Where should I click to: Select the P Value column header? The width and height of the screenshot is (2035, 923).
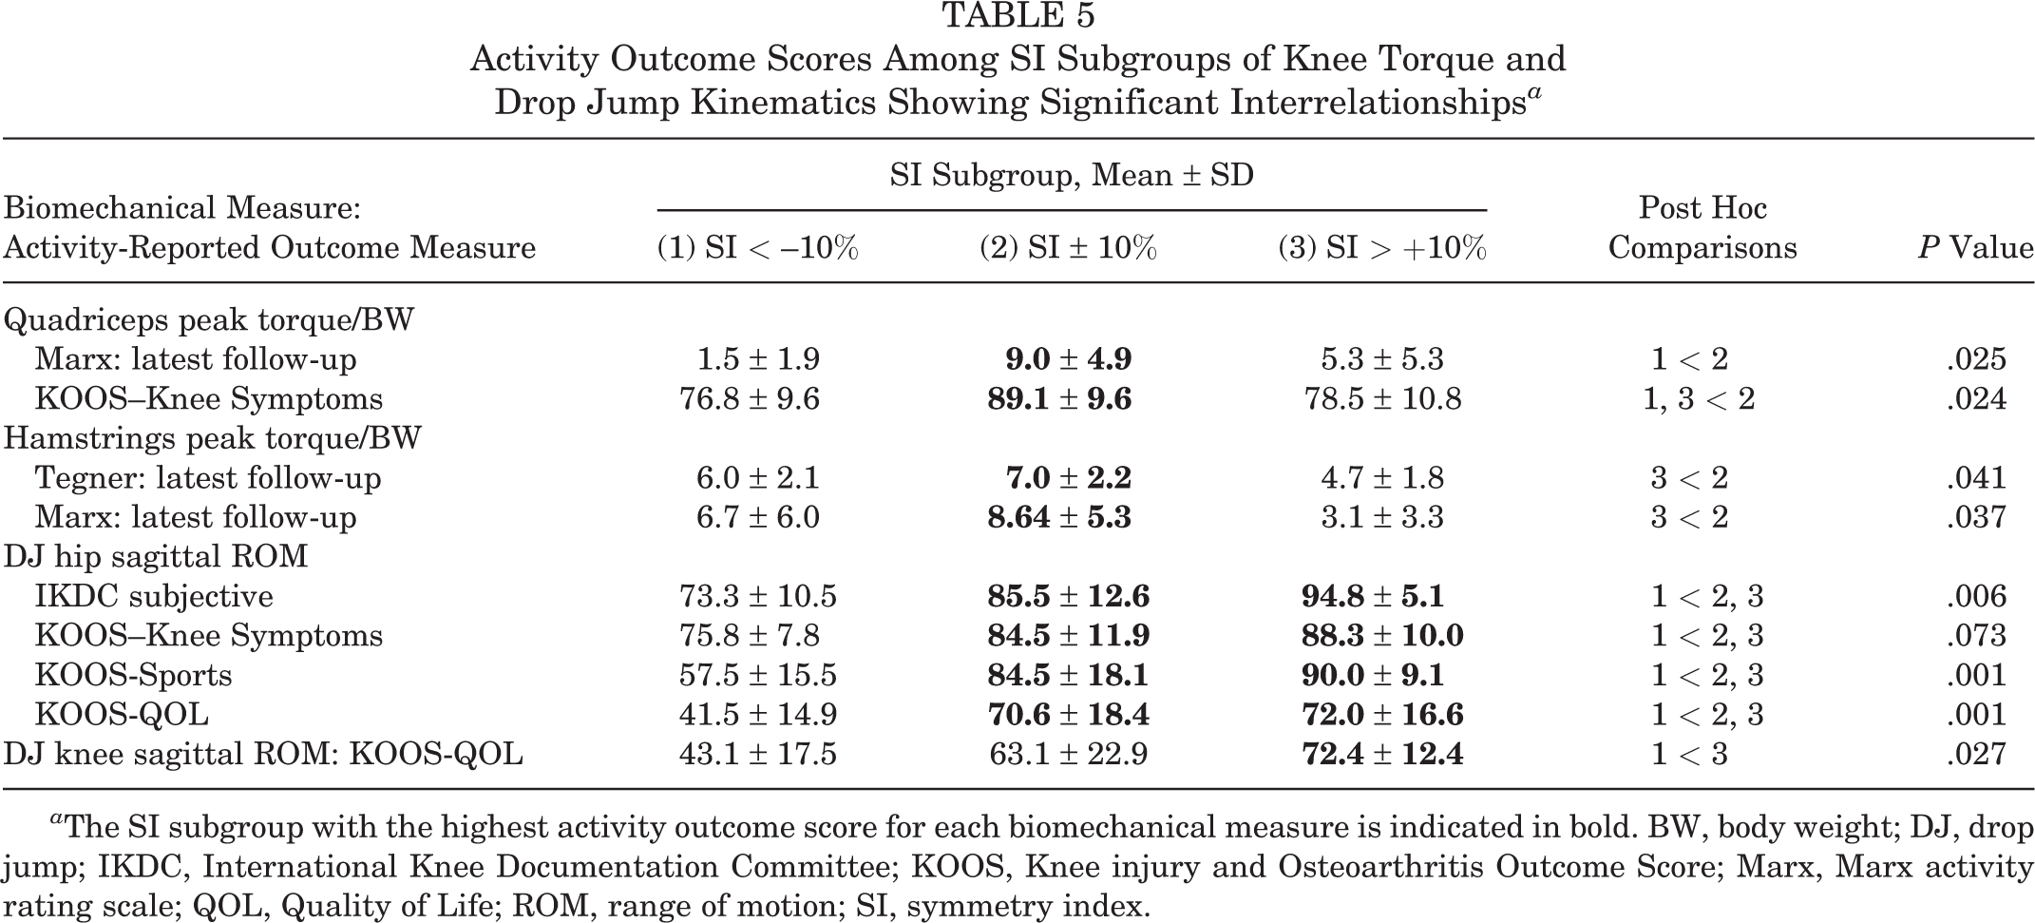pyautogui.click(x=1975, y=248)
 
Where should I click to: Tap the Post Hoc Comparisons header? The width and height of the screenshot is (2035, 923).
pyautogui.click(x=1702, y=228)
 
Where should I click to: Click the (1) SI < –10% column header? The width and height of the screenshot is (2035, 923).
pyautogui.click(x=757, y=248)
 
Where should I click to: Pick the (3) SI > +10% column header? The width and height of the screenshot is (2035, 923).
pyautogui.click(x=1381, y=248)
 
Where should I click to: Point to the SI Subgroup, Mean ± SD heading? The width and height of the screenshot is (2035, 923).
pyautogui.click(x=1072, y=175)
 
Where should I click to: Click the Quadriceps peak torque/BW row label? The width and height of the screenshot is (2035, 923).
pyautogui.click(x=209, y=319)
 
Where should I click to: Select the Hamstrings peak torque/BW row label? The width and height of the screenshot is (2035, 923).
pyautogui.click(x=213, y=438)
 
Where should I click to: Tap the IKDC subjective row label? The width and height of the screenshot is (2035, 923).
pyautogui.click(x=154, y=596)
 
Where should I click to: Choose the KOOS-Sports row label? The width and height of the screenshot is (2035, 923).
pyautogui.click(x=134, y=675)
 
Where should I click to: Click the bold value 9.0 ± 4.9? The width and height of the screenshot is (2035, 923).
pyautogui.click(x=1068, y=359)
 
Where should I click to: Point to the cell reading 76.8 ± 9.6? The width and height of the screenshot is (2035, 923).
pyautogui.click(x=750, y=398)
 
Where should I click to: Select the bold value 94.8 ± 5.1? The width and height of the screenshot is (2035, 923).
pyautogui.click(x=1373, y=596)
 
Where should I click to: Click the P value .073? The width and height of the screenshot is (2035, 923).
pyautogui.click(x=1976, y=635)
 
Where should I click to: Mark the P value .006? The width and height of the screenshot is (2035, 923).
pyautogui.click(x=1976, y=596)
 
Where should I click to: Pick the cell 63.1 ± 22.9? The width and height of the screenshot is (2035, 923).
pyautogui.click(x=1068, y=754)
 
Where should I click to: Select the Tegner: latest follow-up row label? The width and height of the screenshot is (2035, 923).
pyautogui.click(x=208, y=477)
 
